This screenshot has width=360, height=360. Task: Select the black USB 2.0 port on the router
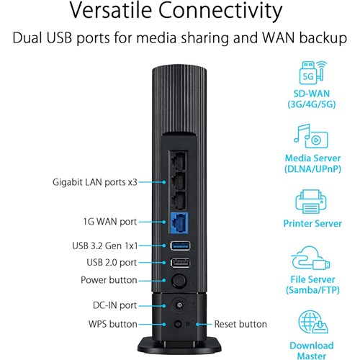[179, 263]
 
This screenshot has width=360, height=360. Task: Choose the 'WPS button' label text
[112, 325]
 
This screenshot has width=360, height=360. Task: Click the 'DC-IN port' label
[114, 305]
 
